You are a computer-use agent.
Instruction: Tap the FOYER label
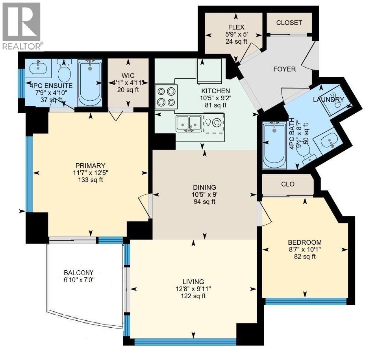(284, 69)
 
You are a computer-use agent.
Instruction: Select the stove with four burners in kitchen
(165, 97)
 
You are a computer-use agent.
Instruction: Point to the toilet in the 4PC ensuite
(63, 71)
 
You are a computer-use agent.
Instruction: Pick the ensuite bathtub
(90, 83)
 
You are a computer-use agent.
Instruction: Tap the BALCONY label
(79, 272)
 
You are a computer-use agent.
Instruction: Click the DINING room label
(205, 187)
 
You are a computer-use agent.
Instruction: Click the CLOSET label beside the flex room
(289, 23)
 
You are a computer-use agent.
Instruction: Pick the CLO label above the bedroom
(288, 184)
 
